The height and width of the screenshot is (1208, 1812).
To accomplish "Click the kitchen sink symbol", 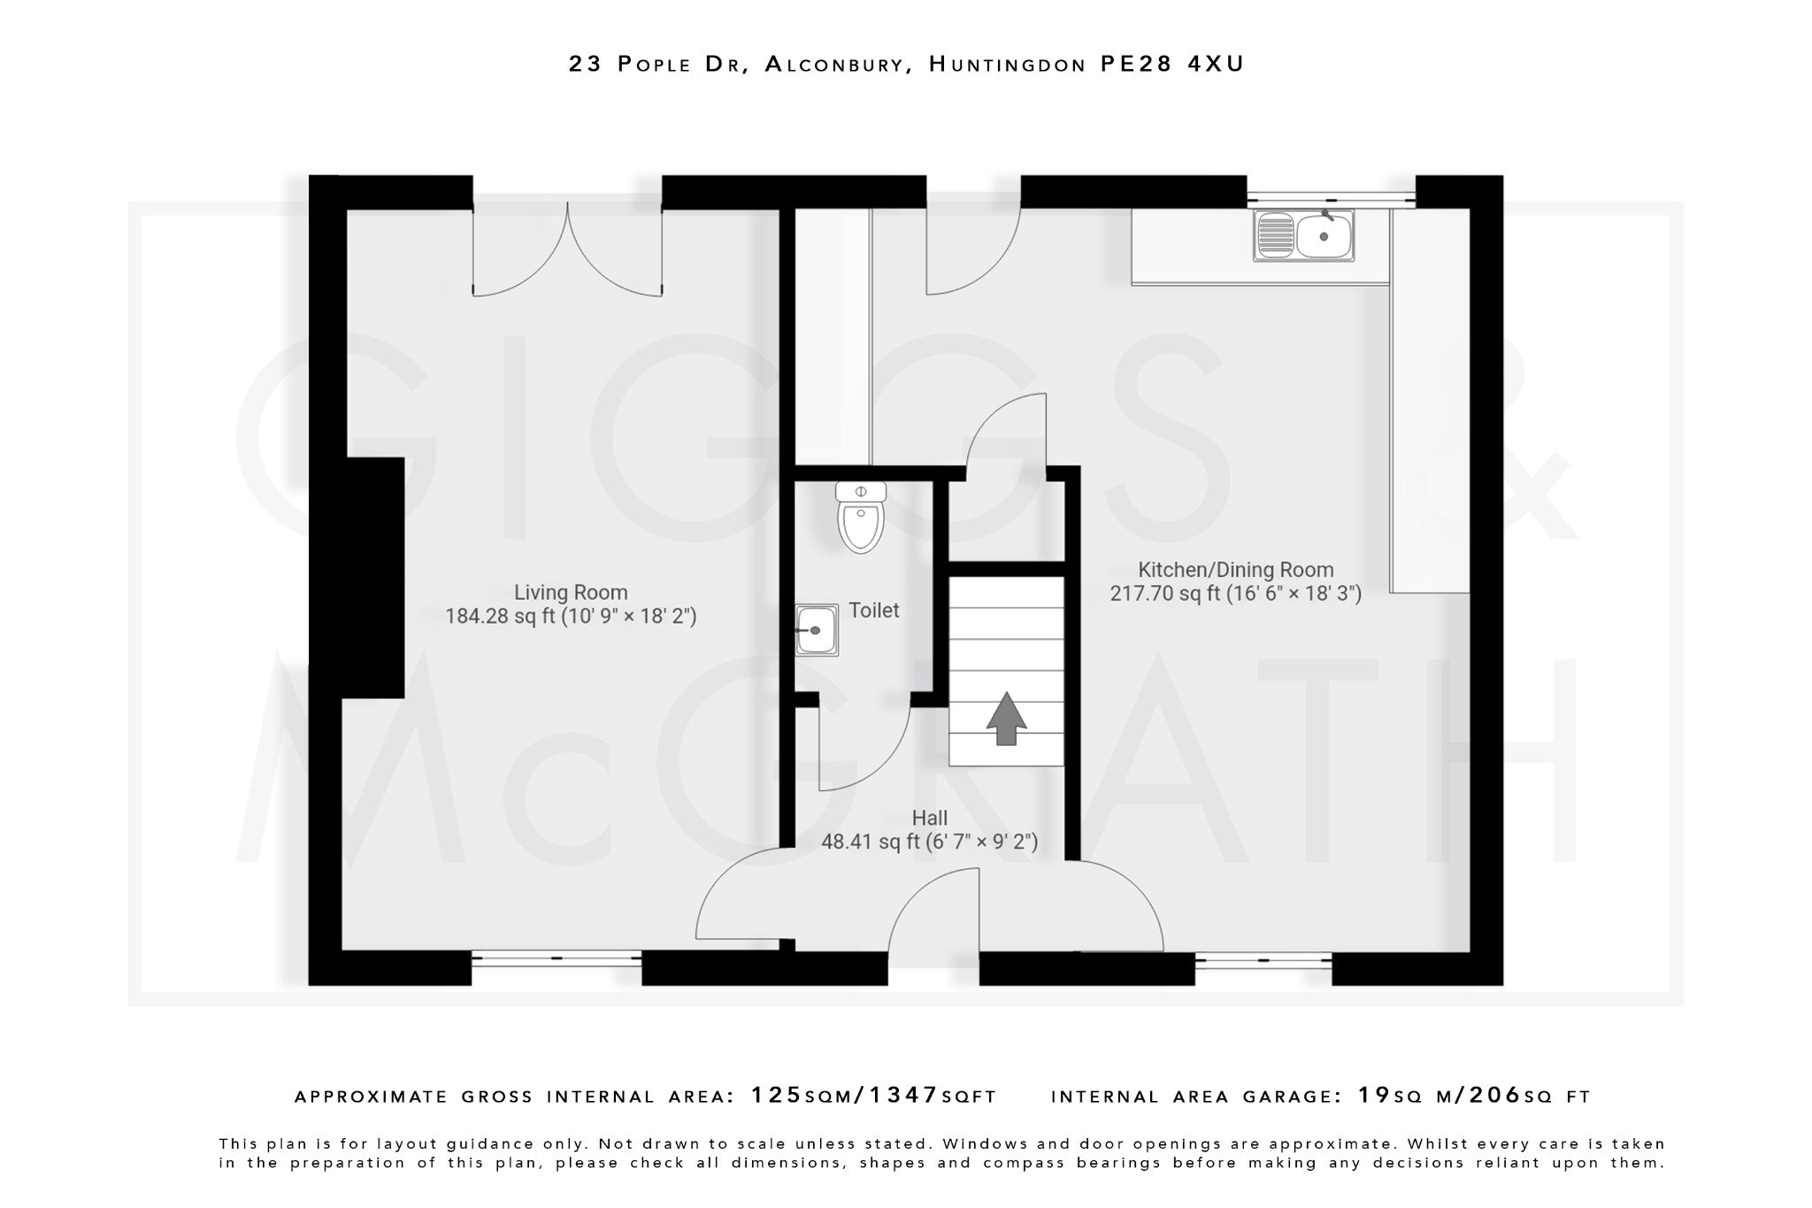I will click(1303, 235).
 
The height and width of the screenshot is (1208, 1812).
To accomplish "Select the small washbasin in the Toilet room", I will click(816, 630).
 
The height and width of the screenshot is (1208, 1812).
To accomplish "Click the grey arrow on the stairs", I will click(1006, 719).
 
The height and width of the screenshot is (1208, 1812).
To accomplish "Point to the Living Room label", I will click(571, 592).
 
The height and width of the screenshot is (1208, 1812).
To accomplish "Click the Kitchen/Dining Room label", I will click(1235, 570).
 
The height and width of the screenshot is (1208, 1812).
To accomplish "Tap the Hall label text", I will click(929, 819).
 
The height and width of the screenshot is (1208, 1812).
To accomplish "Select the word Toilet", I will click(873, 610).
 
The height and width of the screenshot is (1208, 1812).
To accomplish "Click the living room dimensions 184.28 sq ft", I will click(571, 616).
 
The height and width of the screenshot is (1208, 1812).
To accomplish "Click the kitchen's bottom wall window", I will click(1263, 959).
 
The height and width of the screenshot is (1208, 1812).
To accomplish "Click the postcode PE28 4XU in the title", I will click(1172, 64).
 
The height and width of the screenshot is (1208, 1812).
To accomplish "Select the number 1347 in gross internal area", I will click(903, 1096).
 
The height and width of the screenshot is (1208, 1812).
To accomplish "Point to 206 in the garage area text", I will click(1494, 1096).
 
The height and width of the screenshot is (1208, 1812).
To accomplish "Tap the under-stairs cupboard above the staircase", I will click(1006, 522).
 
